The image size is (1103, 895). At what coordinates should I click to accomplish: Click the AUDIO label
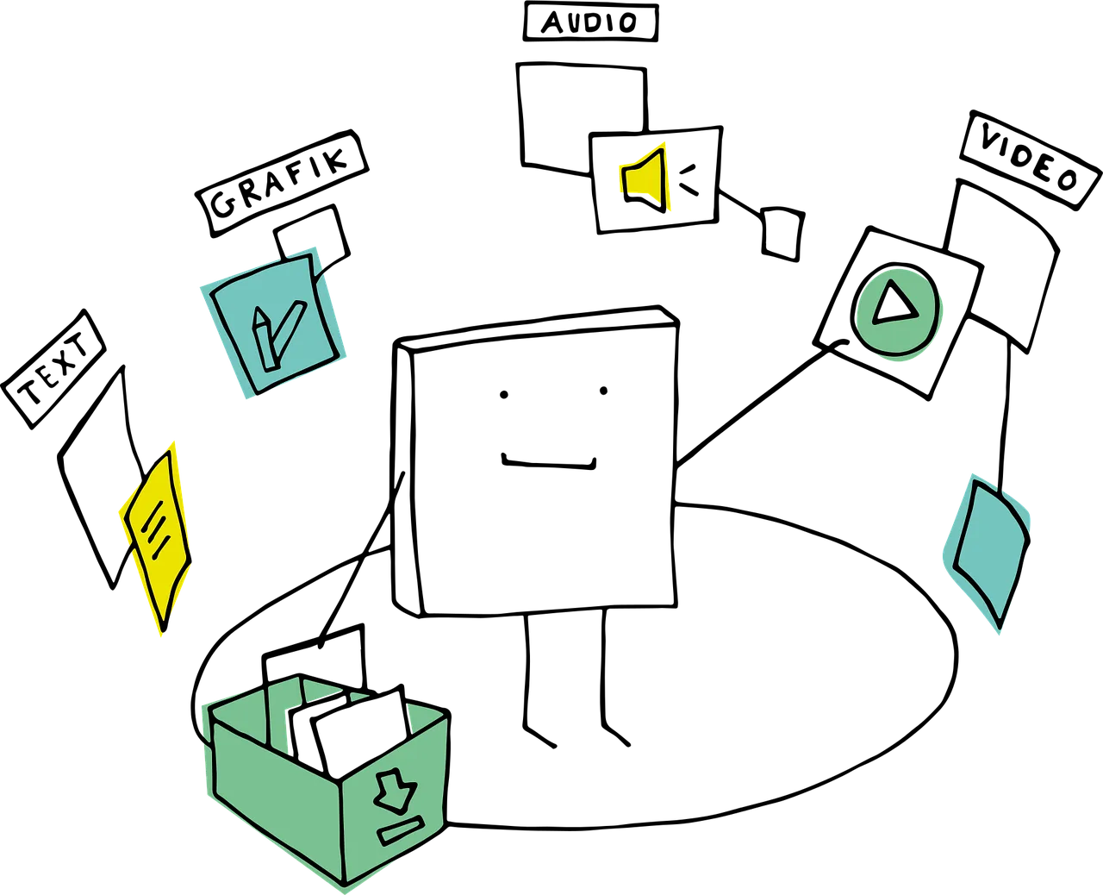click(590, 22)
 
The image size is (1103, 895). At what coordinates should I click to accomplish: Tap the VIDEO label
click(1031, 160)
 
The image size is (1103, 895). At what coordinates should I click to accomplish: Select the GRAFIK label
click(281, 183)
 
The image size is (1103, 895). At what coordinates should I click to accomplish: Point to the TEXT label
click(53, 368)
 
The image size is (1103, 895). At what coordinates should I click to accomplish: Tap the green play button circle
click(897, 312)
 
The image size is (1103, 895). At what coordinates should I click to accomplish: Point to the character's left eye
click(503, 395)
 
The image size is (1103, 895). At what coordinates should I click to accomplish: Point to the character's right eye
click(604, 391)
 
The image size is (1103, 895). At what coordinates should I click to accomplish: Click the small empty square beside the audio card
click(782, 234)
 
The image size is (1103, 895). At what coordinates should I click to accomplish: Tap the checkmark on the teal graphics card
click(289, 330)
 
